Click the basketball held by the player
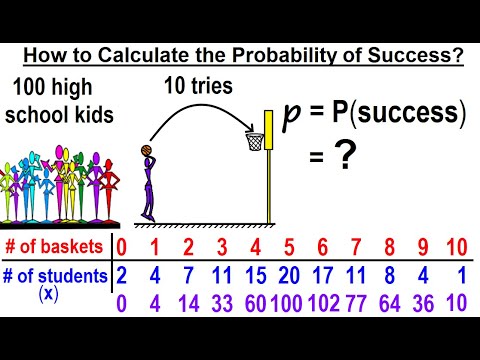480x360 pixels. coord(147,152)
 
